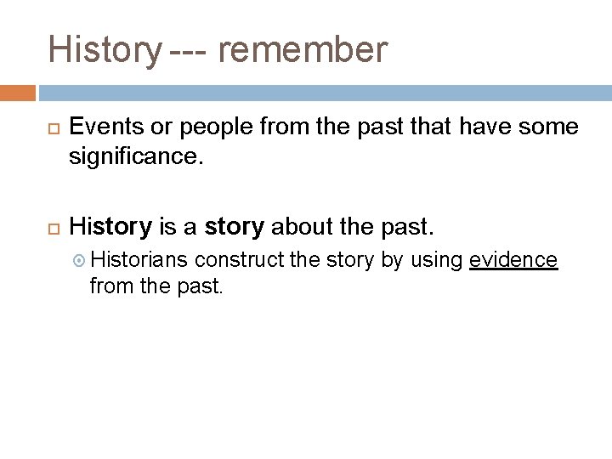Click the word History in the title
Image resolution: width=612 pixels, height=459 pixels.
(101, 50)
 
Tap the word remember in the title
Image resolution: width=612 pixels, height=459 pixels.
(303, 50)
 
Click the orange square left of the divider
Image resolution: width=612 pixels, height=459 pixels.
(18, 92)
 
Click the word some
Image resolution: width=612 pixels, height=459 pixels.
(548, 127)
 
